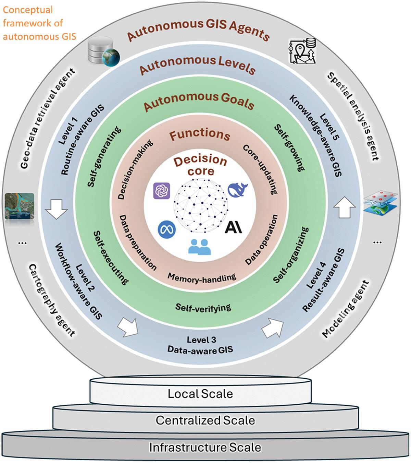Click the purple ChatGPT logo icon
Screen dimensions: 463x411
[x=161, y=190]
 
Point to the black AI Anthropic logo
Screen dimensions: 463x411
[x=234, y=227]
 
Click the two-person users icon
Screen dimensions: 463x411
[x=200, y=246]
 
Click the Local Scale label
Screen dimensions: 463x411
[x=200, y=394]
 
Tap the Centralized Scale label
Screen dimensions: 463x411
[x=205, y=420]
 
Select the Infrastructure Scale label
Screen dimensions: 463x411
[x=205, y=447]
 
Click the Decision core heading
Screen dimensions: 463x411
[x=200, y=165]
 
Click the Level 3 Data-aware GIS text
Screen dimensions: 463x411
[x=201, y=345]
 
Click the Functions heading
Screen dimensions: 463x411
[x=200, y=134]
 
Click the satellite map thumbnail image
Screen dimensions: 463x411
[x=20, y=206]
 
